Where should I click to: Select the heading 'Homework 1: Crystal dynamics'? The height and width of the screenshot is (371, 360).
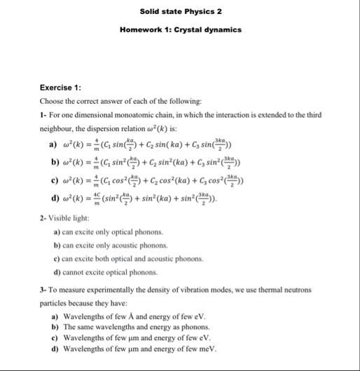click(181, 29)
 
